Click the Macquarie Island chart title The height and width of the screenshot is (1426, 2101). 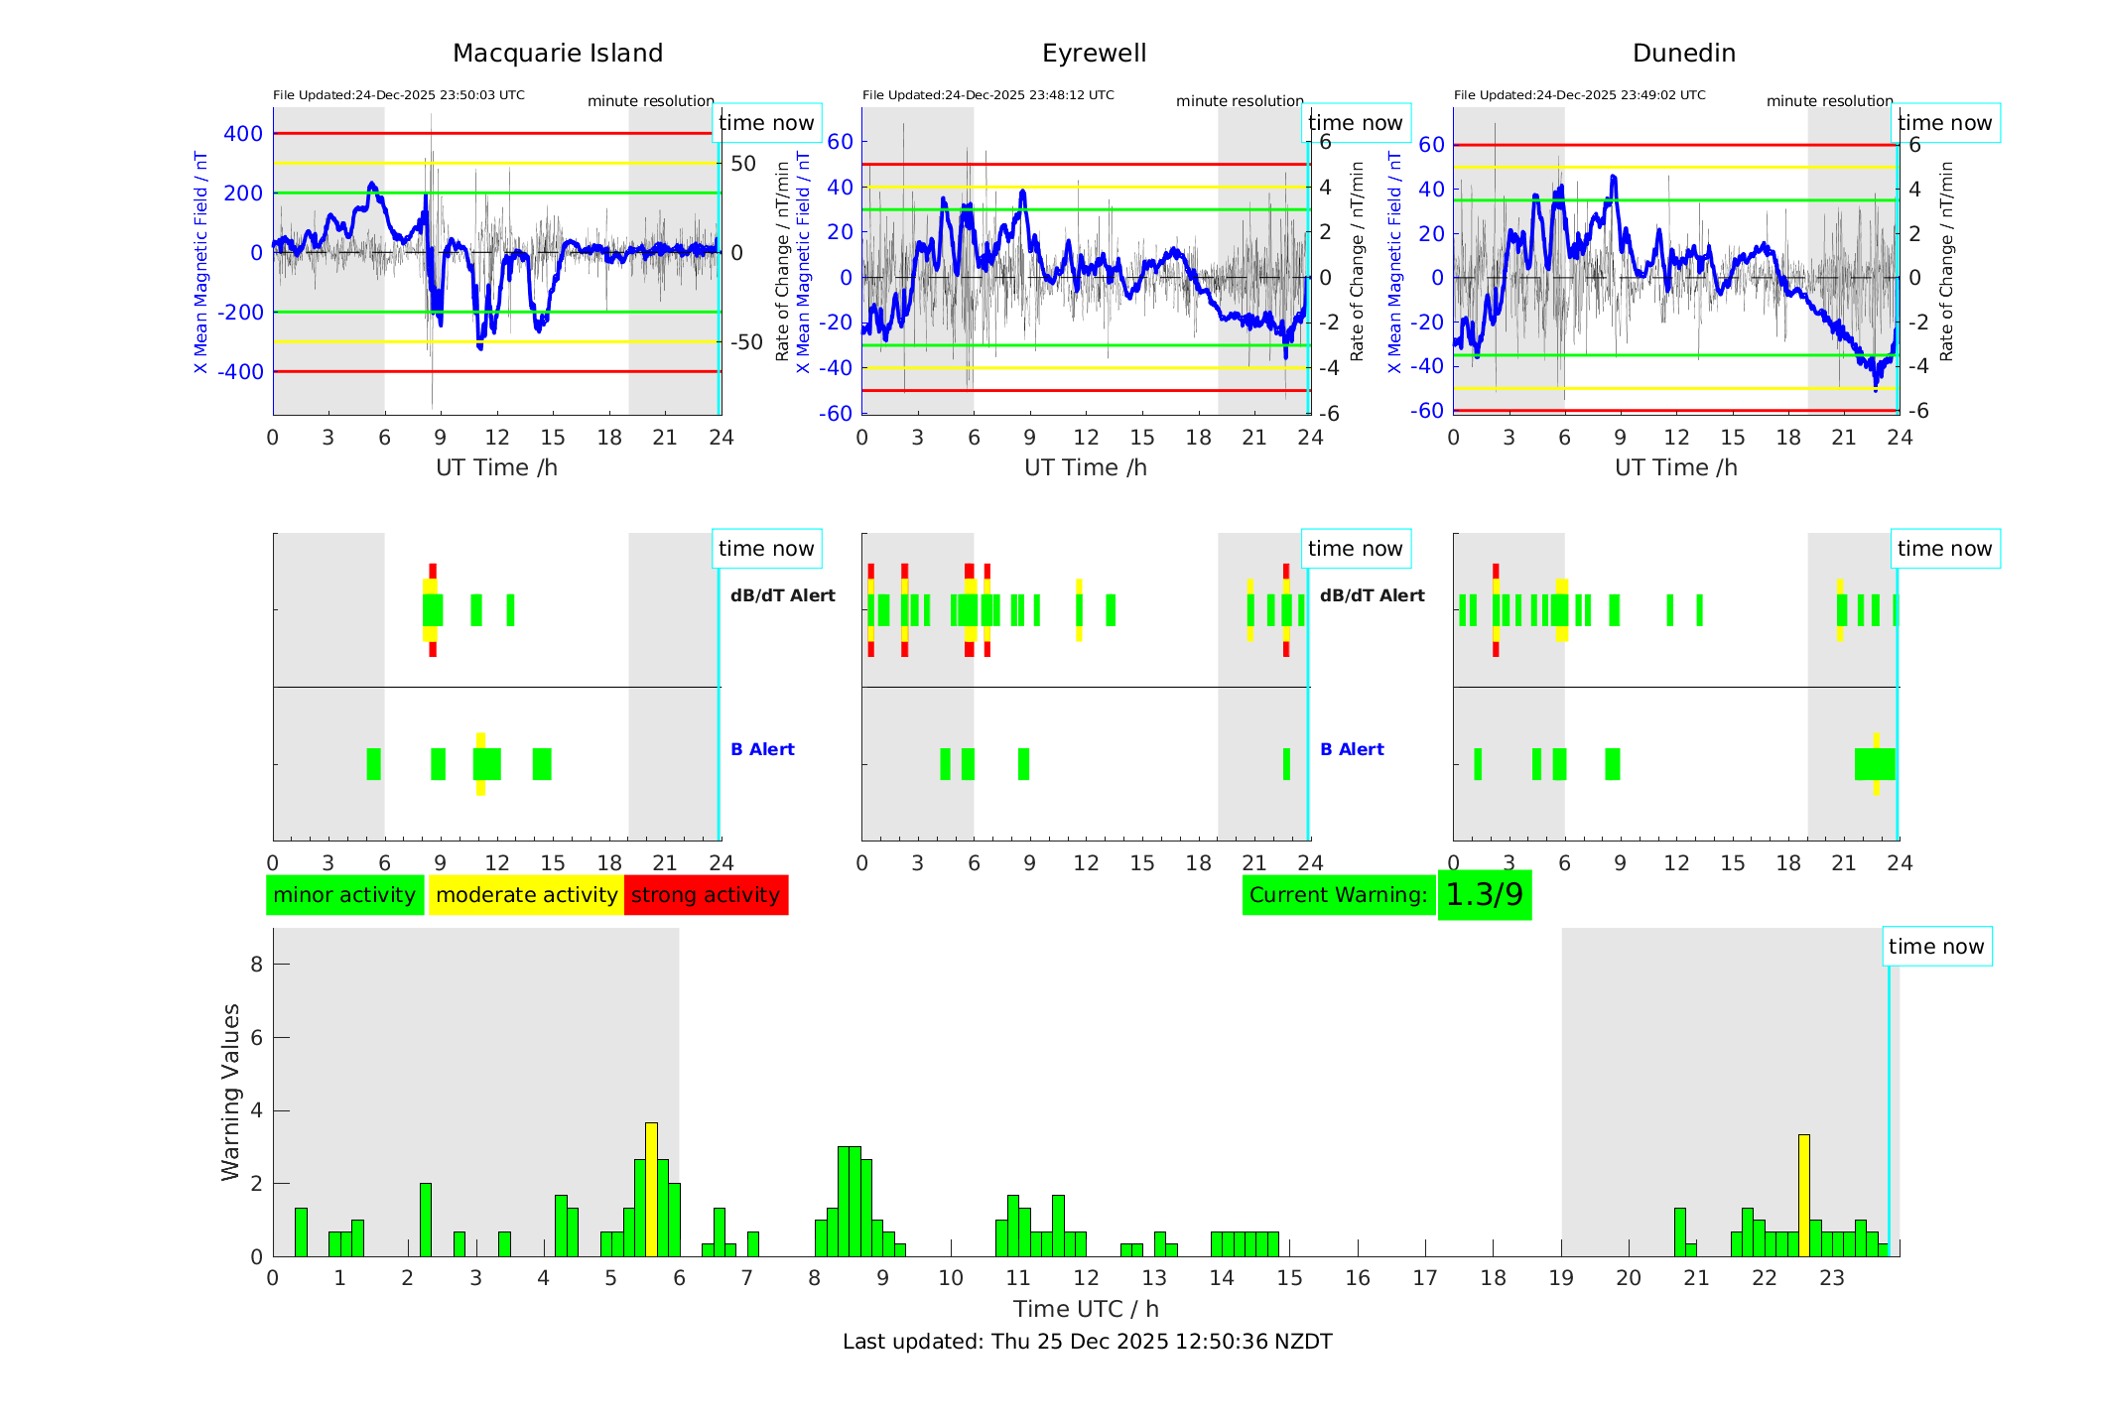pyautogui.click(x=557, y=54)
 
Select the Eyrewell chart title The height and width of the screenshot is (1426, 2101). pyautogui.click(x=1094, y=54)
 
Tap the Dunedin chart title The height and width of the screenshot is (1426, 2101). pyautogui.click(x=1683, y=54)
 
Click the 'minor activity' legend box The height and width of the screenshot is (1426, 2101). pyautogui.click(x=344, y=895)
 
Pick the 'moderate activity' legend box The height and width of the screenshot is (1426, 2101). pyautogui.click(x=526, y=895)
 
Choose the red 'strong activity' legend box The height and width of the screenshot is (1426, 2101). pyautogui.click(x=706, y=895)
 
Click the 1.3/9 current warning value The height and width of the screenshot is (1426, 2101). pyautogui.click(x=1484, y=895)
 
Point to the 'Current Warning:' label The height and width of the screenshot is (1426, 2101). pyautogui.click(x=1338, y=895)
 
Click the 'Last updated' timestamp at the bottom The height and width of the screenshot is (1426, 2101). pyautogui.click(x=1087, y=1342)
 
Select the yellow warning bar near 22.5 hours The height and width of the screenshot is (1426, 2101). pyautogui.click(x=1803, y=1196)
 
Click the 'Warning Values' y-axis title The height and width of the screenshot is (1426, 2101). pyautogui.click(x=231, y=1092)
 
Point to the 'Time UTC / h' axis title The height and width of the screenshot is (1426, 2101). pyautogui.click(x=1086, y=1309)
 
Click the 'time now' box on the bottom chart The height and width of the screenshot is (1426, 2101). pyautogui.click(x=1935, y=947)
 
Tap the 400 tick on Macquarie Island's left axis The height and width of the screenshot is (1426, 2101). pyautogui.click(x=243, y=134)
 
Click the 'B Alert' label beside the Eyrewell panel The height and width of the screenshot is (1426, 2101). pyautogui.click(x=1352, y=749)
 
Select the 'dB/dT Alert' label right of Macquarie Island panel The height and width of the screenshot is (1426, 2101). pyautogui.click(x=782, y=595)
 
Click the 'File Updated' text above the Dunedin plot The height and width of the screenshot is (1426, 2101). pyautogui.click(x=1579, y=95)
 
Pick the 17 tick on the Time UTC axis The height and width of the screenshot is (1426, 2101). pyautogui.click(x=1425, y=1278)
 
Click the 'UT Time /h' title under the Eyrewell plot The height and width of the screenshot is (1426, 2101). pyautogui.click(x=1086, y=467)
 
